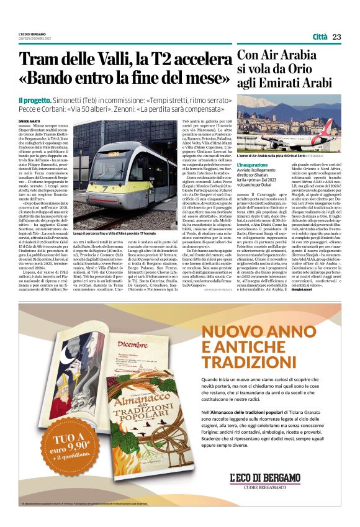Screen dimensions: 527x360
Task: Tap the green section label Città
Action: click(320, 37)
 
